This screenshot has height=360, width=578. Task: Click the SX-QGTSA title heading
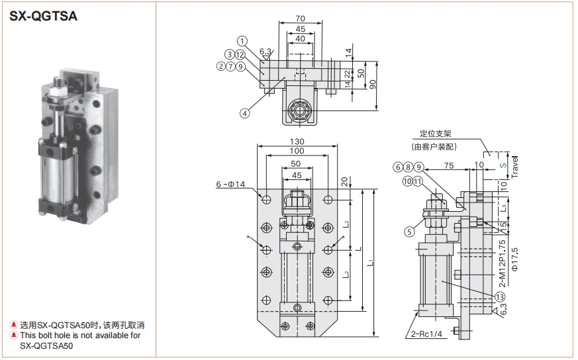44,17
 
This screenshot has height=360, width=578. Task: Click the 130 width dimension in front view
297,142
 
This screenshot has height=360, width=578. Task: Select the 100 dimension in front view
297,152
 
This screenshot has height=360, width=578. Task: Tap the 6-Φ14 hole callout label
230,184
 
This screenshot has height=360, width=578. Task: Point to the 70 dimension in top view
301,19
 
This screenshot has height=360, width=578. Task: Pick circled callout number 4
244,113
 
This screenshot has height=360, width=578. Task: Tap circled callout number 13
499,296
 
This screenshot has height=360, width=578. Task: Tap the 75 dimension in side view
448,165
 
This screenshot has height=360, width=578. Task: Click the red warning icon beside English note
13,336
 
